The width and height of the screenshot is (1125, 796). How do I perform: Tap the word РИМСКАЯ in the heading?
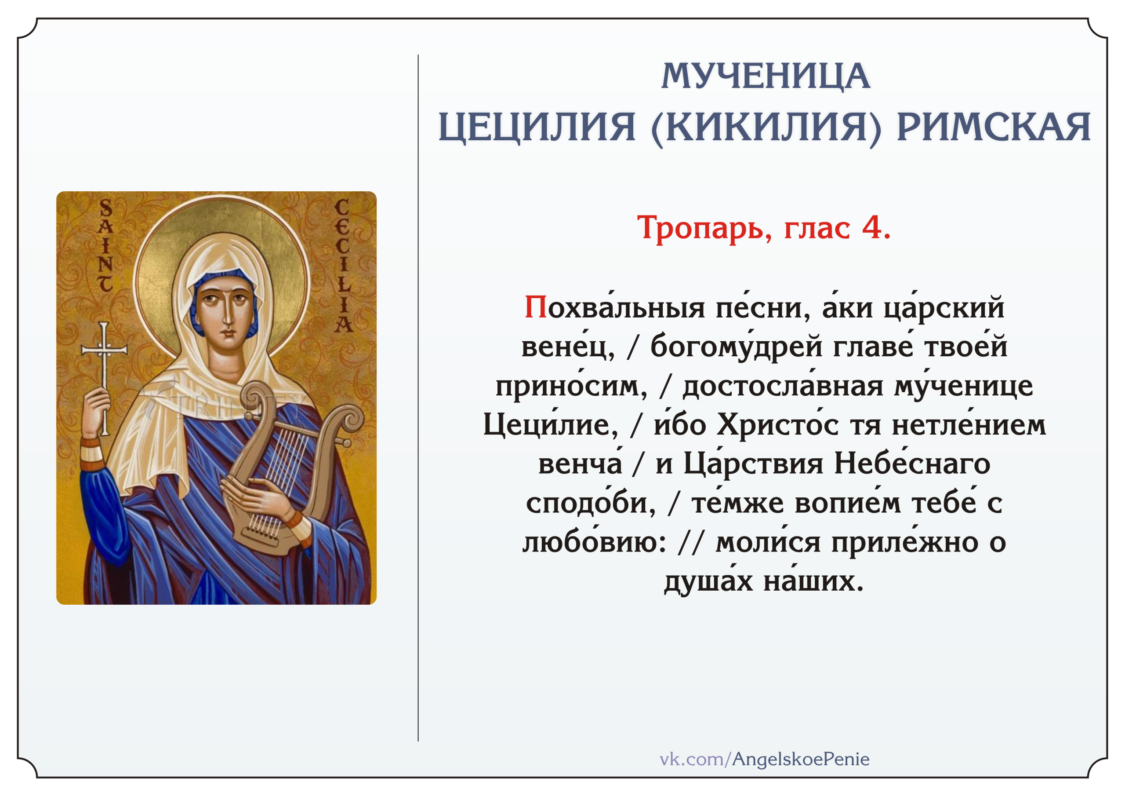[994, 127]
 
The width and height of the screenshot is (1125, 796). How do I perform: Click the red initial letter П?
[536, 307]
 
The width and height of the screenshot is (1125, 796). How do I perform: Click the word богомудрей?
[737, 346]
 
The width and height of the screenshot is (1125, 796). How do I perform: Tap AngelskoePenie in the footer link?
[801, 759]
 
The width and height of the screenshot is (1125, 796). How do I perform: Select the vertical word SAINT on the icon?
[105, 245]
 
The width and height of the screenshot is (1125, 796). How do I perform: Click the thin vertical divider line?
[418, 398]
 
